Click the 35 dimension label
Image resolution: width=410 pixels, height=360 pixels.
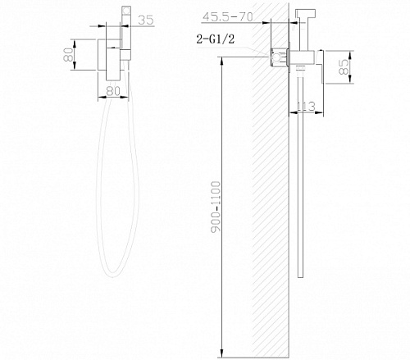[x=146, y=20]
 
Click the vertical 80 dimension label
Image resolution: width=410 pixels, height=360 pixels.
[x=68, y=54]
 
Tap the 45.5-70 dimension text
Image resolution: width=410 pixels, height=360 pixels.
[x=227, y=17]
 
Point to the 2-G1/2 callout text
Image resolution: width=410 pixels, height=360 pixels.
[x=216, y=39]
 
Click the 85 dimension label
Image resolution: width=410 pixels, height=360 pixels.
[x=344, y=67]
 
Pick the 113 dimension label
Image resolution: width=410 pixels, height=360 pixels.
[x=306, y=106]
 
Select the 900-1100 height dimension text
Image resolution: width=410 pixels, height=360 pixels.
[x=216, y=207]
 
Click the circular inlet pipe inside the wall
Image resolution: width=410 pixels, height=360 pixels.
[x=277, y=57]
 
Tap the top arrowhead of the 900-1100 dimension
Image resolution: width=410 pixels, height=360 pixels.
[x=222, y=60]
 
